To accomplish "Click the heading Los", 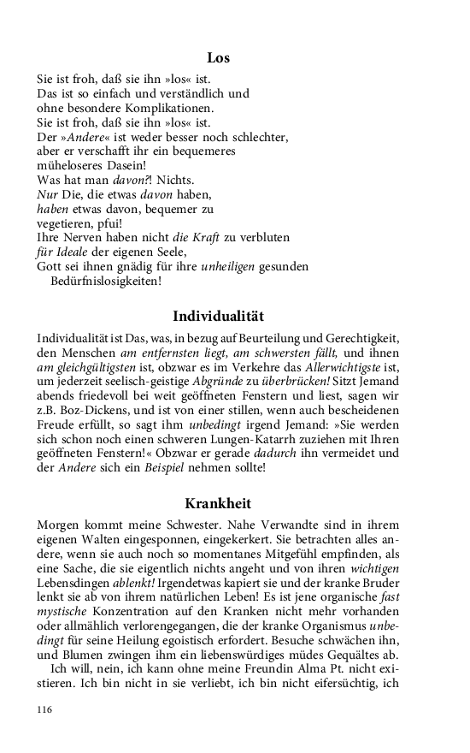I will [218, 58].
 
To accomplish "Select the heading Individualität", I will [218, 315].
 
